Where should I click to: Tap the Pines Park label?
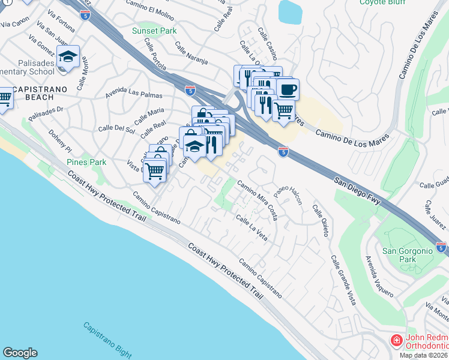coord(86,162)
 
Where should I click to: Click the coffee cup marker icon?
coord(288,89)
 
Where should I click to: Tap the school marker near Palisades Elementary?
coord(68,57)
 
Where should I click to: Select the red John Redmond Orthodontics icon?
coord(396,341)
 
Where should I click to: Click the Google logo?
coord(20,353)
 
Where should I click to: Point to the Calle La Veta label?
coord(252,228)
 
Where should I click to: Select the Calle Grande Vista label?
coord(342,280)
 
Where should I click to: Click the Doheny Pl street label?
coord(60,141)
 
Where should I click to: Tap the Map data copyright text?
coord(424,355)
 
